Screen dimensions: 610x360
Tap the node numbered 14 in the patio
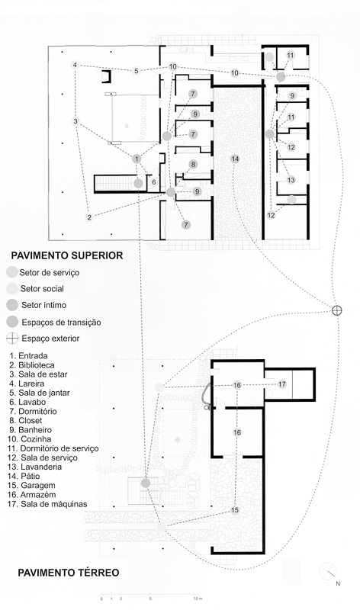(x=235, y=158)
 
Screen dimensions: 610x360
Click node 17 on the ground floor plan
(x=281, y=384)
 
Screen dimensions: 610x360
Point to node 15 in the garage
(x=235, y=509)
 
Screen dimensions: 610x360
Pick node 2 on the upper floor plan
(x=90, y=217)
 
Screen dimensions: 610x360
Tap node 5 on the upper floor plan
(x=136, y=71)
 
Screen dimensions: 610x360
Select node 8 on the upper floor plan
(x=193, y=164)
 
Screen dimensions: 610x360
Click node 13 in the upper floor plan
(x=291, y=180)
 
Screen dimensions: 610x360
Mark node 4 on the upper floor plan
(x=75, y=65)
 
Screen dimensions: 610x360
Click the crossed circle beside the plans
(x=336, y=309)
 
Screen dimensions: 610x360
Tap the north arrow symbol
(x=329, y=570)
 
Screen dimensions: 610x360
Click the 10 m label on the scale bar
(x=197, y=599)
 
